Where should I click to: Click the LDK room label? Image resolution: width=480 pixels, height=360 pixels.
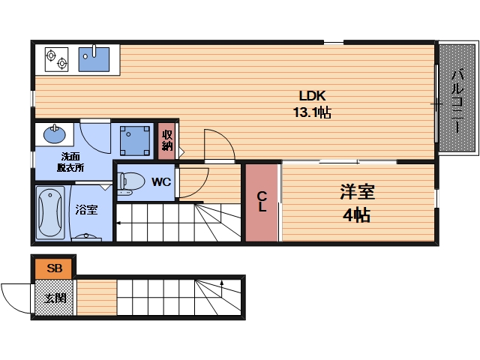[312, 96]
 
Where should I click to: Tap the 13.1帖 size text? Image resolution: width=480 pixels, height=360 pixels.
[312, 112]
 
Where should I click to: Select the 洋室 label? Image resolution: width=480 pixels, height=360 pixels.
[357, 192]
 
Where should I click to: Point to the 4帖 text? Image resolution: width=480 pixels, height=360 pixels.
[357, 215]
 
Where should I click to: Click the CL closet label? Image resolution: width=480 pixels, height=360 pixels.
[262, 202]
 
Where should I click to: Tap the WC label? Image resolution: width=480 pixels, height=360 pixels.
[161, 182]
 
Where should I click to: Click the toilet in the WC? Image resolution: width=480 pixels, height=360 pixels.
[131, 183]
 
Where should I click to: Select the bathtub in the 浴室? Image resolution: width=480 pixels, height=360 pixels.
[50, 212]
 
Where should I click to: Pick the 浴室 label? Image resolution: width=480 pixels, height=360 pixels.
[87, 210]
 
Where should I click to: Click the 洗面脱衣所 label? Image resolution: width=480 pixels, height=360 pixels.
[70, 162]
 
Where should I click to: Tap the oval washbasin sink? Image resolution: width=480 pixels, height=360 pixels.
[55, 134]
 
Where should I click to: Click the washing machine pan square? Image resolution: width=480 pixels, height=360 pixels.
[135, 140]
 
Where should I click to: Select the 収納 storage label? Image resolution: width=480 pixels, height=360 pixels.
[167, 140]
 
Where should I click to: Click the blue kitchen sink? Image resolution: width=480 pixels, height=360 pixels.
[94, 59]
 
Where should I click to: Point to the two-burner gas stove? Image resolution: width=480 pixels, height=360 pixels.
[57, 59]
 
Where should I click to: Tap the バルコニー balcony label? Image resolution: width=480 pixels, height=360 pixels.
[457, 101]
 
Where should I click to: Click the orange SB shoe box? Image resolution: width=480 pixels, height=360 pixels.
[53, 268]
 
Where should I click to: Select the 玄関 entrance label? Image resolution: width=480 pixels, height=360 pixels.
[55, 298]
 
